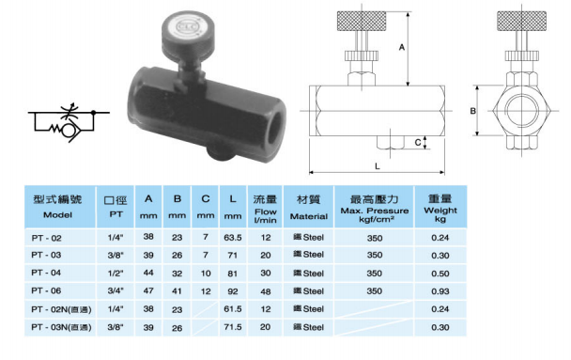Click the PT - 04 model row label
click(x=46, y=273)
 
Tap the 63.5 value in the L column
click(x=233, y=238)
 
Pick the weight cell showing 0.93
click(x=440, y=291)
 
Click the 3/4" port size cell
click(x=116, y=290)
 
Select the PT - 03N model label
click(x=61, y=327)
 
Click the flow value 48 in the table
click(x=266, y=291)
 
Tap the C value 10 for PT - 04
click(x=206, y=273)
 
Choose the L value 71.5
click(x=233, y=327)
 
